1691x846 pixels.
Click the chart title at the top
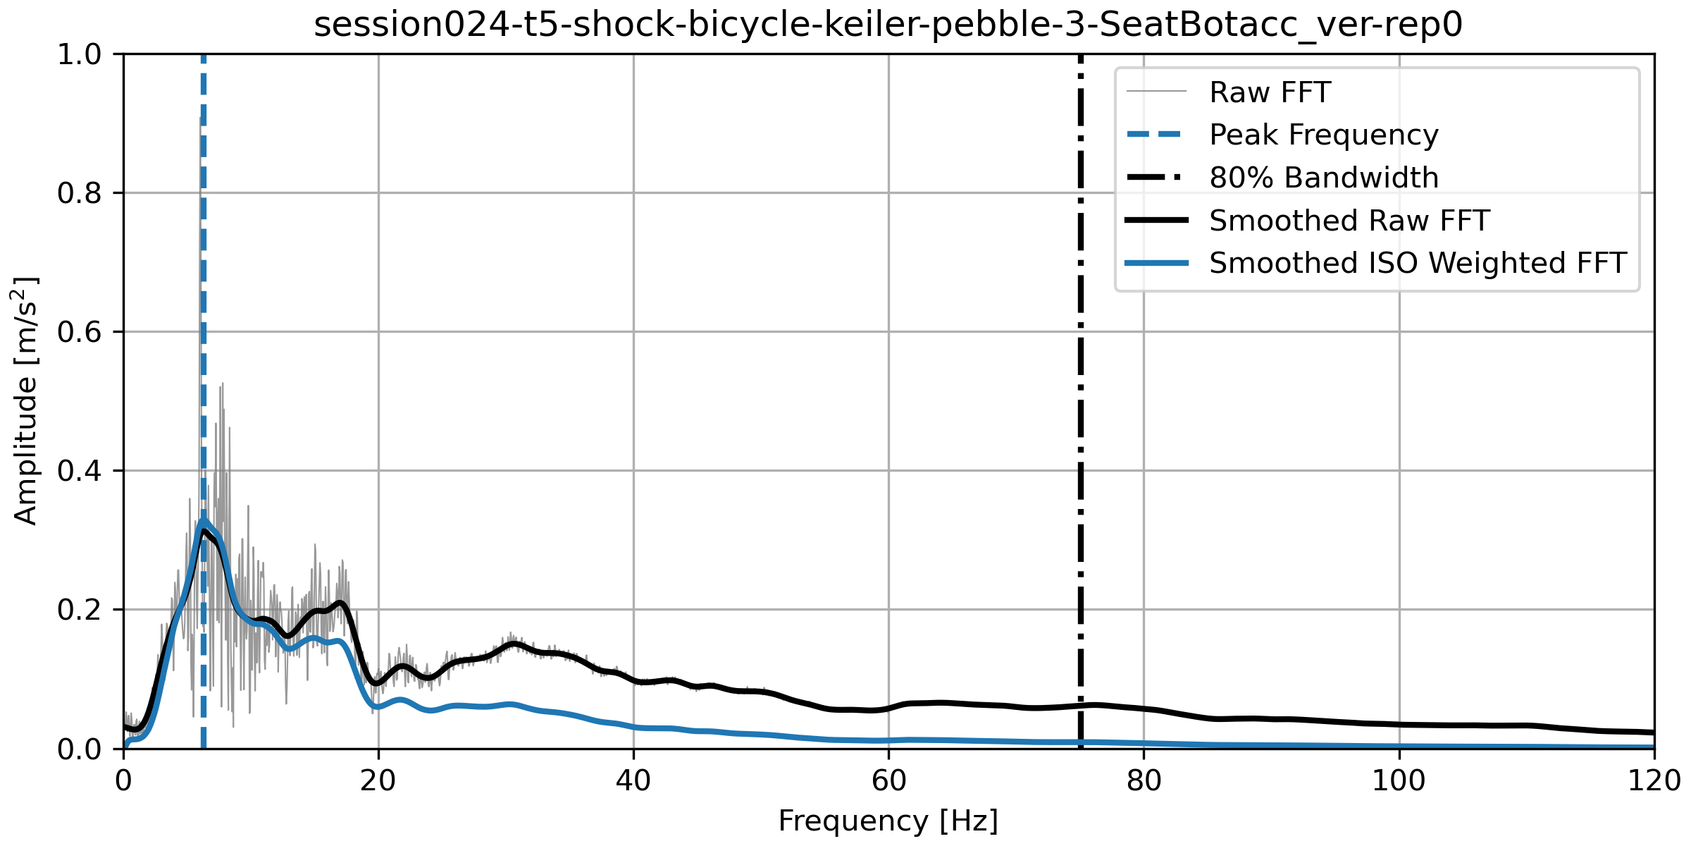tap(888, 25)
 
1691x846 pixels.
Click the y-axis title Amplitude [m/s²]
tap(26, 400)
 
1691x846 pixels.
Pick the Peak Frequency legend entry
tap(1323, 135)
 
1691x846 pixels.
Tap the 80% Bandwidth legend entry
tap(1323, 178)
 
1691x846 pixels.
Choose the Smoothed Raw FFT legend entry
tap(1349, 221)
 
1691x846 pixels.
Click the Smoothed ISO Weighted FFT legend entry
tap(1418, 263)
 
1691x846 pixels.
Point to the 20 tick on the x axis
tap(378, 781)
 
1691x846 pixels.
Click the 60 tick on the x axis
tap(888, 781)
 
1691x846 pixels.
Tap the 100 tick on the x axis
tap(1399, 781)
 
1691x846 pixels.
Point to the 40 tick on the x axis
tap(633, 781)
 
